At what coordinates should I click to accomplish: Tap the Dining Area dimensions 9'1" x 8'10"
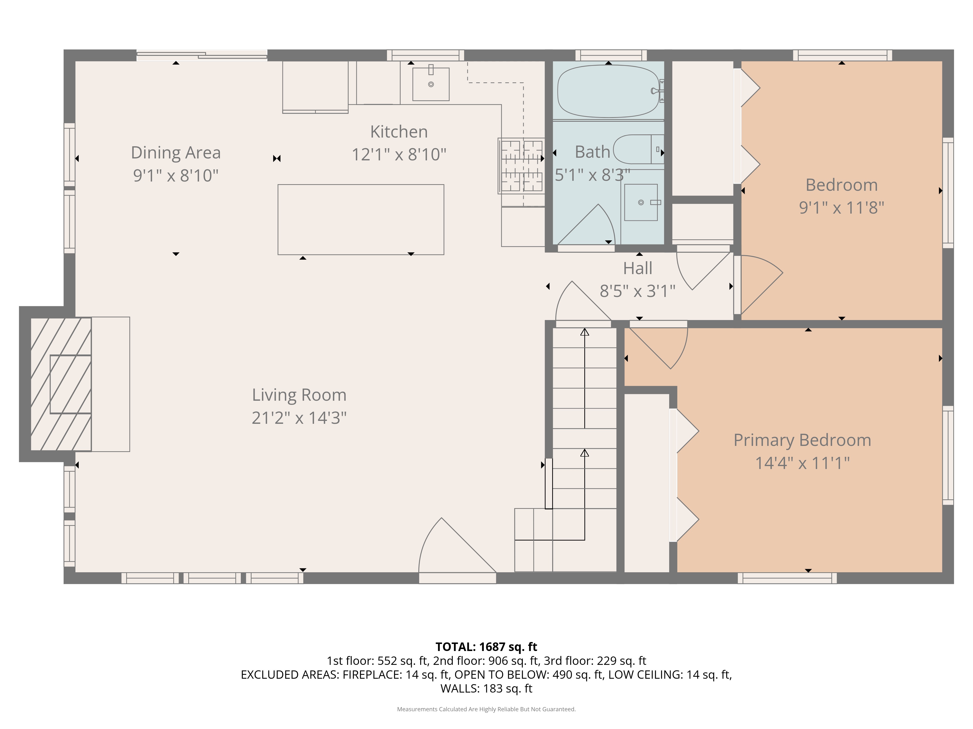coord(176,175)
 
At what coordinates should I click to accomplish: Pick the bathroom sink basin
coord(641,202)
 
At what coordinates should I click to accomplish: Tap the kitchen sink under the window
coord(431,84)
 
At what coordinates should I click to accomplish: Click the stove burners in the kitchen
coord(521,166)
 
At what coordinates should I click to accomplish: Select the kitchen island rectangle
coord(361,220)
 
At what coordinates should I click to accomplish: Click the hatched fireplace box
coord(61,384)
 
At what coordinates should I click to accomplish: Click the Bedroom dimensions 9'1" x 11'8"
coord(841,208)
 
